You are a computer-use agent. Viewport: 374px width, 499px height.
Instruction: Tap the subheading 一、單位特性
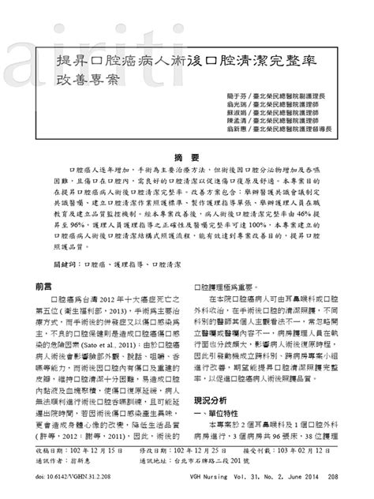click(x=219, y=415)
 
